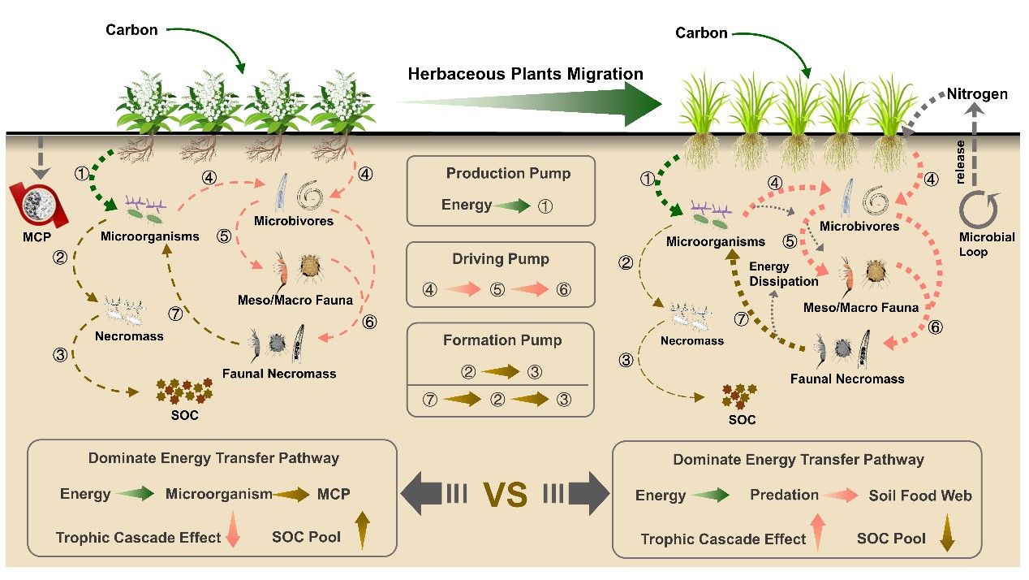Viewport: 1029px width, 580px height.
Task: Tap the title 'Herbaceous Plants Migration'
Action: click(x=525, y=74)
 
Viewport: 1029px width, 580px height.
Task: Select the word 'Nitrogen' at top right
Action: click(x=977, y=94)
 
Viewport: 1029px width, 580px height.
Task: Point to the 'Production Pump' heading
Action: click(x=508, y=173)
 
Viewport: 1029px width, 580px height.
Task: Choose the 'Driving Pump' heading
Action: click(x=501, y=259)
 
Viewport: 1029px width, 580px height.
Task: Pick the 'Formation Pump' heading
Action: click(x=502, y=340)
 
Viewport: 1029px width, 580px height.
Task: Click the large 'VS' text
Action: click(x=504, y=494)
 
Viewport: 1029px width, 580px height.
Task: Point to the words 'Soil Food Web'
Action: click(x=920, y=495)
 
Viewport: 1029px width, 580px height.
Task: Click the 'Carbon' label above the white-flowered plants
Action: click(x=131, y=31)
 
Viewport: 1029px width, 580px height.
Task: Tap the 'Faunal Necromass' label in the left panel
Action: click(x=279, y=374)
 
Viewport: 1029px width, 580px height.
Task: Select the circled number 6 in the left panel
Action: click(x=370, y=322)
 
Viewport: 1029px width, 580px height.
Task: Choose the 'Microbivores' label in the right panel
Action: click(x=859, y=226)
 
